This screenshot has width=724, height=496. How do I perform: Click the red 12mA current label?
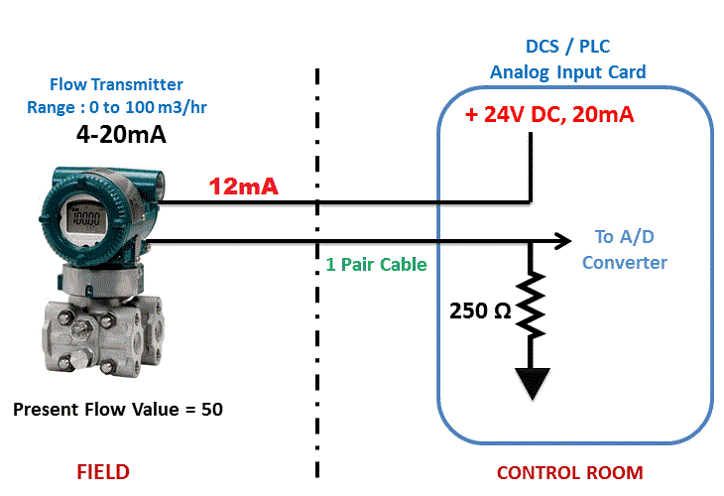tap(243, 186)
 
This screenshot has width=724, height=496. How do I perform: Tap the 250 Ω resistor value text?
tap(480, 310)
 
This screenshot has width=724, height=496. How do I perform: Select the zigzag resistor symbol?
tap(531, 305)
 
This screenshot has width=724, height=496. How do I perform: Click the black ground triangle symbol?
tap(533, 382)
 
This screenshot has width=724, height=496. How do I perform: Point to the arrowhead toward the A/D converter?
tap(563, 241)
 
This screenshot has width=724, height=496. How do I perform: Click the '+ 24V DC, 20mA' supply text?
tap(549, 114)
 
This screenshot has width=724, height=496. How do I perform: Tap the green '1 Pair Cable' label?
tap(376, 264)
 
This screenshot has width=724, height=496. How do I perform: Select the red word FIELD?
tap(103, 472)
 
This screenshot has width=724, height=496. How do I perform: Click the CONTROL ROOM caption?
tap(570, 473)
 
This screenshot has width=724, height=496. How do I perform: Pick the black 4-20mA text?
tap(121, 134)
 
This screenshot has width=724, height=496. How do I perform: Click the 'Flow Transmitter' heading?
tap(116, 84)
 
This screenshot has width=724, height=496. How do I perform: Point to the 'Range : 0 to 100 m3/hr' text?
tap(117, 107)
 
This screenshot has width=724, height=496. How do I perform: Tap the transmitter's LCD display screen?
tap(86, 217)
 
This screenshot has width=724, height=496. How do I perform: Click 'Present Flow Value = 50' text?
tap(118, 409)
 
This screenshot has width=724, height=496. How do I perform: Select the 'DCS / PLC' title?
tap(568, 47)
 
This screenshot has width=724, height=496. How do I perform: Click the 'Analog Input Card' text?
tap(568, 72)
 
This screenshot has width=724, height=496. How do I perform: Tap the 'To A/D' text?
tap(624, 237)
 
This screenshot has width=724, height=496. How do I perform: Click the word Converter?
tap(625, 263)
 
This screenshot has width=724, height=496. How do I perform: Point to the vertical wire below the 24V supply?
tap(531, 168)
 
